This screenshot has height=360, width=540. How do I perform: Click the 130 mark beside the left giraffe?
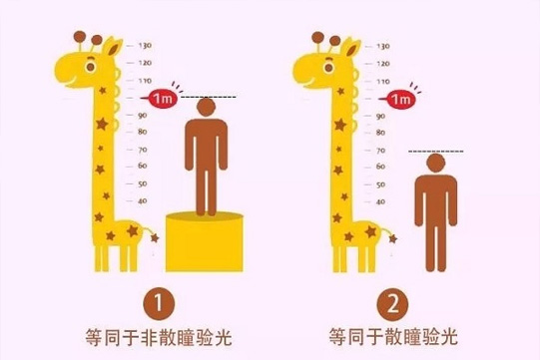(x=145, y=45)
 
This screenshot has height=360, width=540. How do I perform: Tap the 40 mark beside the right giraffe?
(x=380, y=201)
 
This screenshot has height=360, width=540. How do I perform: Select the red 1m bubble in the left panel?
(x=161, y=99)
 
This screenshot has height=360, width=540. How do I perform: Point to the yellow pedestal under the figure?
(x=205, y=242)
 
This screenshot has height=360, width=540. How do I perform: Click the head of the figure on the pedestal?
(x=207, y=107)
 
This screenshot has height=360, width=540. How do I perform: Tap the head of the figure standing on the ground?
(x=435, y=163)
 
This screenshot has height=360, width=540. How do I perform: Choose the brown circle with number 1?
(x=159, y=304)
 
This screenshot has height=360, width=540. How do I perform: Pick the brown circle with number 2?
(x=392, y=304)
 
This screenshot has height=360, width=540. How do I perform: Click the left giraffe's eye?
(x=90, y=67)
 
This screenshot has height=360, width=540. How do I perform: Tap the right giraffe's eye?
(x=328, y=67)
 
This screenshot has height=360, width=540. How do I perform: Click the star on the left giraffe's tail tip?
(x=155, y=237)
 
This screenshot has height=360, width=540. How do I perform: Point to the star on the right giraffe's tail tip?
(x=392, y=238)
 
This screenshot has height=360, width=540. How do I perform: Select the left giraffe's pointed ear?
(x=113, y=47)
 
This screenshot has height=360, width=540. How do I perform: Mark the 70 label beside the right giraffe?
(x=381, y=151)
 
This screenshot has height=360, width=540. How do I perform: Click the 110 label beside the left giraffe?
(x=145, y=81)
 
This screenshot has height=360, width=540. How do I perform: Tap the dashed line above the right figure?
(x=436, y=152)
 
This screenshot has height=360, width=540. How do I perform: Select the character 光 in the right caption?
(x=449, y=337)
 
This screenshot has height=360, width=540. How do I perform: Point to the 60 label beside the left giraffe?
(x=143, y=166)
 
